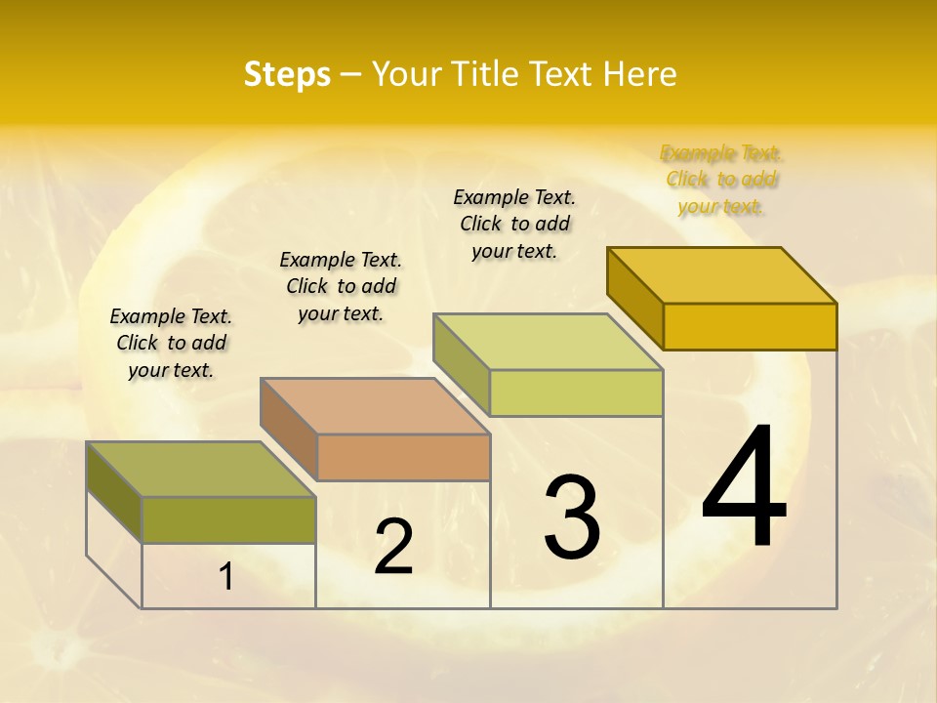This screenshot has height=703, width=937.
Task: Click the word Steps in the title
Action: (x=287, y=74)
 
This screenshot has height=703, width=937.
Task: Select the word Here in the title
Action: (x=640, y=74)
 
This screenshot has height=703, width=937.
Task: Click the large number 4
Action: (x=744, y=488)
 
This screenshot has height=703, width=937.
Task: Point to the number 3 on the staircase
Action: (x=572, y=517)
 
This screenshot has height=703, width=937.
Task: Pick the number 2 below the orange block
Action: (x=393, y=547)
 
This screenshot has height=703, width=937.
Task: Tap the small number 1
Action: (x=226, y=576)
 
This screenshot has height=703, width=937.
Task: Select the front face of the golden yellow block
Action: (x=750, y=326)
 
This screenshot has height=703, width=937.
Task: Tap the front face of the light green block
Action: (x=576, y=393)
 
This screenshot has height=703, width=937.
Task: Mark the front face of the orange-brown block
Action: (x=403, y=457)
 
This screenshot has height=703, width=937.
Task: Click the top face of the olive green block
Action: (x=201, y=470)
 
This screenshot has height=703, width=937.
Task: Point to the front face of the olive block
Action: (x=228, y=519)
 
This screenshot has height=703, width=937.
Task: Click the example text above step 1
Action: (x=171, y=343)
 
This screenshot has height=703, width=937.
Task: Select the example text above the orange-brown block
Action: (x=341, y=286)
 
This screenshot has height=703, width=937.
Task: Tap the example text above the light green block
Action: (x=514, y=224)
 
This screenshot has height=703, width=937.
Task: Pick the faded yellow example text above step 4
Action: (x=721, y=179)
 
